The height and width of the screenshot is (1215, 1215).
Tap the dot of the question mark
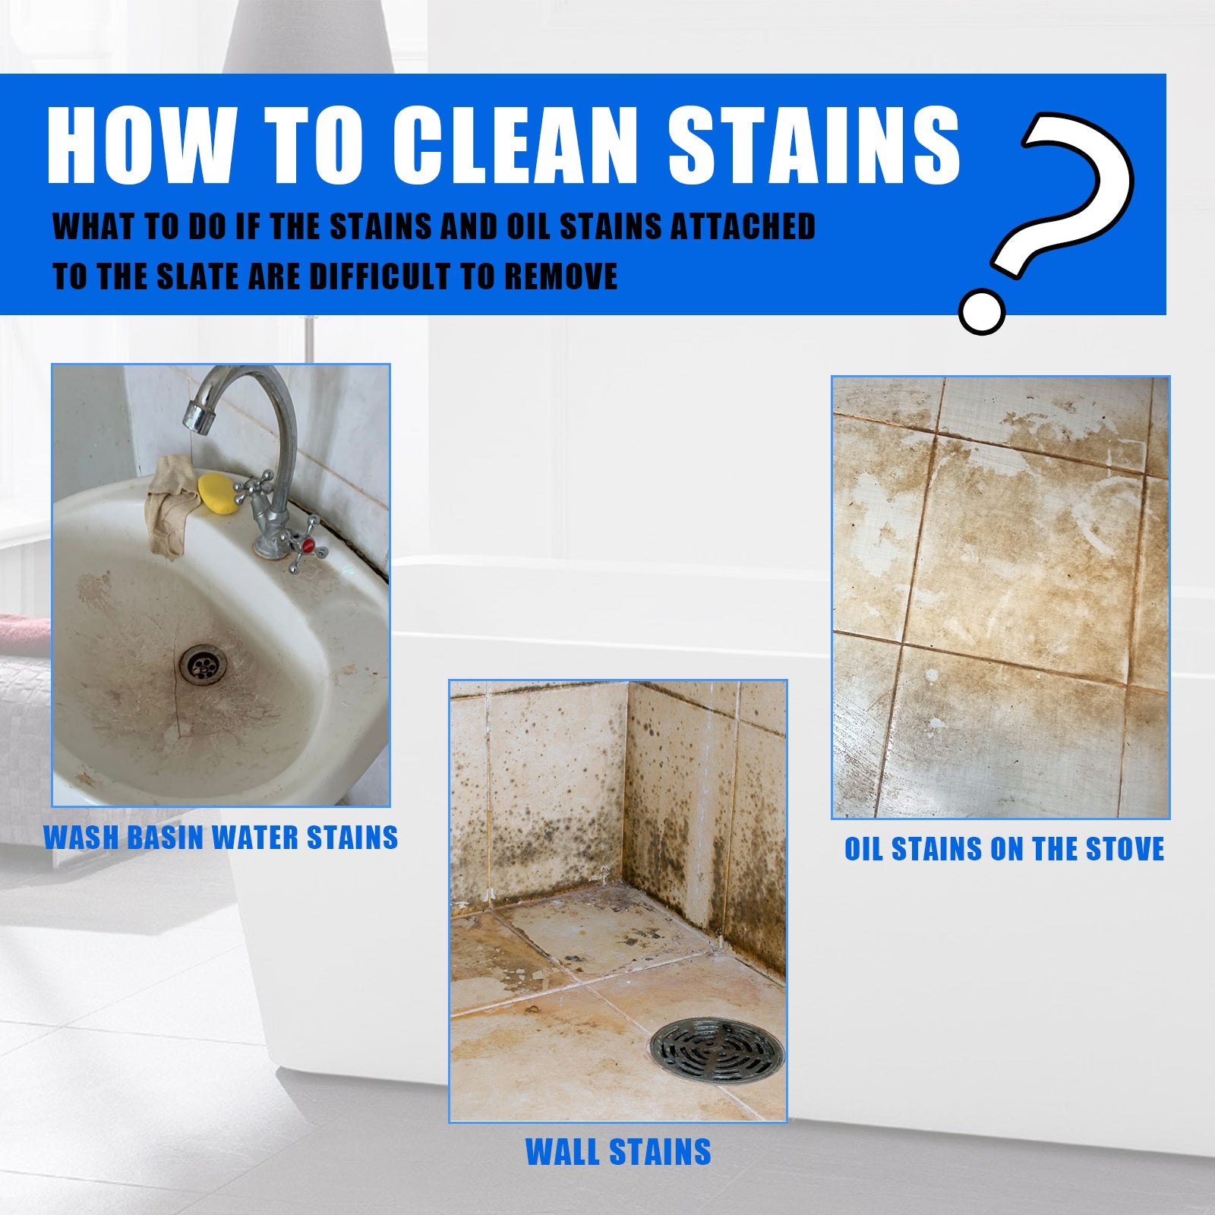981,310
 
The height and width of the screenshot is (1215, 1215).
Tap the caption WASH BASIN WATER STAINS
221,838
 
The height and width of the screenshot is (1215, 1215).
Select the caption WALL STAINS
618,1152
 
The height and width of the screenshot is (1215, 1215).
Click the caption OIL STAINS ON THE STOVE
1004,849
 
